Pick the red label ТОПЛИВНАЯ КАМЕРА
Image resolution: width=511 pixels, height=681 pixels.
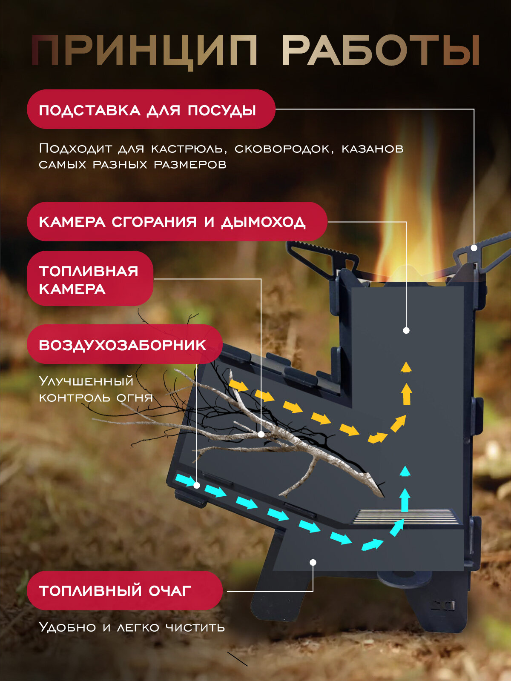[x=90, y=279]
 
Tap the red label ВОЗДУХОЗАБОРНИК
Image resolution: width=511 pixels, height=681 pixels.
[x=124, y=344]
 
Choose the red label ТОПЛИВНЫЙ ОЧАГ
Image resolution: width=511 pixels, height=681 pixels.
[x=124, y=590]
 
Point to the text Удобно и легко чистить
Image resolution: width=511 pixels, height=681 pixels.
[x=132, y=627]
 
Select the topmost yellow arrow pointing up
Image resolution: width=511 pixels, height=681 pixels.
[x=406, y=367]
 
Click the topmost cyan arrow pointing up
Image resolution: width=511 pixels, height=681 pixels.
[x=405, y=471]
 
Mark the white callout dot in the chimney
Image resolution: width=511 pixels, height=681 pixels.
[x=406, y=330]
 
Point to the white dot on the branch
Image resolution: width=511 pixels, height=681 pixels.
[x=261, y=434]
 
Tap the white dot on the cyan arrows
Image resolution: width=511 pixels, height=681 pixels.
[x=197, y=485]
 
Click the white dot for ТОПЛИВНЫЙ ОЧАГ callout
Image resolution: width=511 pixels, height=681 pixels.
[x=313, y=562]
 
